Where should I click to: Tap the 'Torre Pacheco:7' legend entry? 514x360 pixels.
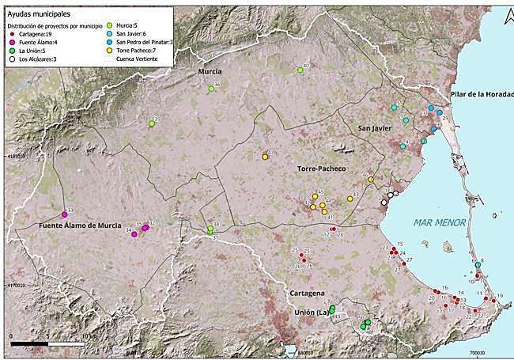pos(136,51)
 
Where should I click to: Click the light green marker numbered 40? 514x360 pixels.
pos(300,70)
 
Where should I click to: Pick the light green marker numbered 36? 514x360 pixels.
pos(211,89)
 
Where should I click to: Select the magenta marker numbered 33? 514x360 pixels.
pos(65,214)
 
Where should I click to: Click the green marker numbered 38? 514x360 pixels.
pos(210,229)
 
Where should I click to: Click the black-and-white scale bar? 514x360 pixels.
pos(47,343)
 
